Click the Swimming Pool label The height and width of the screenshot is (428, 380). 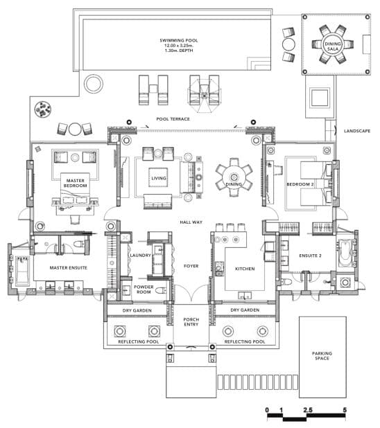click(x=179, y=40)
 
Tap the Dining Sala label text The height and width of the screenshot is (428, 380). click(x=333, y=46)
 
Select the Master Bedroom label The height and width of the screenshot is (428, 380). click(x=75, y=183)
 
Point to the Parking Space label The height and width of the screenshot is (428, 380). click(x=322, y=356)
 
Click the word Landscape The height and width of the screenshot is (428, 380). click(x=357, y=131)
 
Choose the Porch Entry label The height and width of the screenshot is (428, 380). click(x=191, y=322)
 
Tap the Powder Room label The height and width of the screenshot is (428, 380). click(x=144, y=289)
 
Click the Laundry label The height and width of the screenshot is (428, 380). click(x=140, y=256)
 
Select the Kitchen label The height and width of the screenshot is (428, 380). click(x=245, y=269)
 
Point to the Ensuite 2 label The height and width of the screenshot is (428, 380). click(x=310, y=256)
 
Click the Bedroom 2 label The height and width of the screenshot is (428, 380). click(x=300, y=184)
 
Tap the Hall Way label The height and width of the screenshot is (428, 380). click(x=191, y=222)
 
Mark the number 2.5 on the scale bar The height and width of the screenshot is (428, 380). click(x=308, y=410)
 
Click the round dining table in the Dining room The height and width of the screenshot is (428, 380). click(x=234, y=177)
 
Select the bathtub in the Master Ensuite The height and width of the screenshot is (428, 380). click(x=22, y=270)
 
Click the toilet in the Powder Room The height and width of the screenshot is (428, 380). click(x=161, y=290)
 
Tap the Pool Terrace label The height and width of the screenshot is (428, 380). click(x=173, y=119)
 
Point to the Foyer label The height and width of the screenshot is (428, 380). click(x=191, y=266)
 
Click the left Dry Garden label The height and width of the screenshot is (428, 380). click(x=137, y=310)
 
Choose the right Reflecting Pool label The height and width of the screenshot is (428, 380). click(x=245, y=341)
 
